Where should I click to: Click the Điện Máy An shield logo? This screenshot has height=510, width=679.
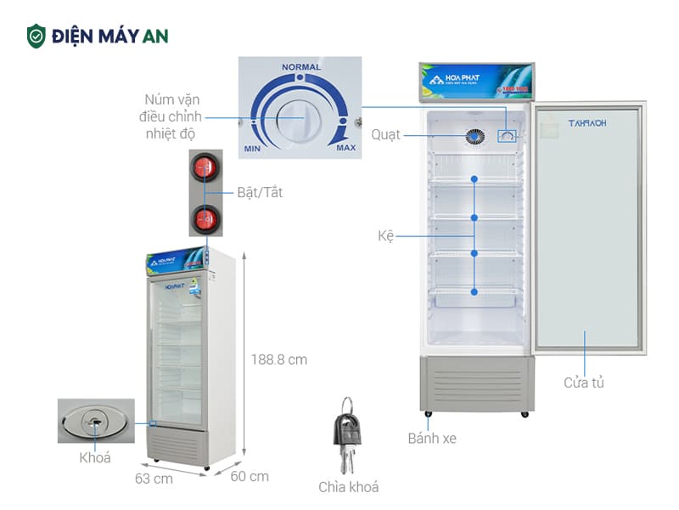click(36, 36)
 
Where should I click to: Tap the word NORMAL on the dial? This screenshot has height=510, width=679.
click(301, 67)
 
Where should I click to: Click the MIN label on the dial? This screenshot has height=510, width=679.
click(252, 149)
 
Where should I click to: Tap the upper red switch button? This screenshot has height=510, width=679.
click(205, 167)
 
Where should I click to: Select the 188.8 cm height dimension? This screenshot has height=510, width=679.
click(279, 360)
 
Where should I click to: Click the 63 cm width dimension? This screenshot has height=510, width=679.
click(154, 479)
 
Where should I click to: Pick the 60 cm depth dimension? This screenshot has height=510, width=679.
click(250, 476)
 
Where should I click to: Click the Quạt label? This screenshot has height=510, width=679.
click(385, 135)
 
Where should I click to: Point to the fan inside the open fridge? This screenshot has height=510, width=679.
click(474, 135)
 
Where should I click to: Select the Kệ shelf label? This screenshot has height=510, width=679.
click(386, 235)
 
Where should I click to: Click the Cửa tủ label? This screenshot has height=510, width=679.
click(584, 382)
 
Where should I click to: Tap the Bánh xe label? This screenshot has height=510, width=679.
click(431, 439)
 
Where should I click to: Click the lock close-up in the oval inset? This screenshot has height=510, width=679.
click(95, 420)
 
